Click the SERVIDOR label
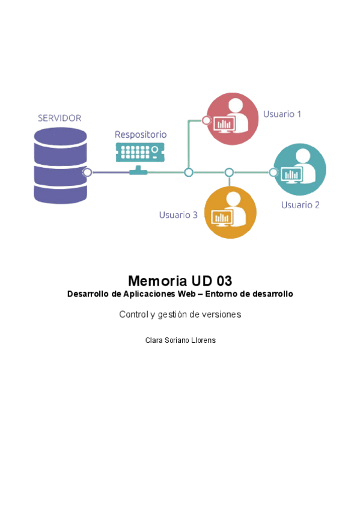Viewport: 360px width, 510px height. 59,118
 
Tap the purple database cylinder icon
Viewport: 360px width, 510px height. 61,165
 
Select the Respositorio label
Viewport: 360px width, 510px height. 141,135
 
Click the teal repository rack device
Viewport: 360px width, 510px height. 140,152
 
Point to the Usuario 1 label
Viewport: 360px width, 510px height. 282,114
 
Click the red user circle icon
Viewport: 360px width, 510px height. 233,118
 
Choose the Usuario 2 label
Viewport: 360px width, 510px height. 301,205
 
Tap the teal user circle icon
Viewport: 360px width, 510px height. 300,170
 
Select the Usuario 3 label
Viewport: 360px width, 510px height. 178,215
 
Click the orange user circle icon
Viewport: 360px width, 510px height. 230,212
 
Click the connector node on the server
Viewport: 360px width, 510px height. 87,173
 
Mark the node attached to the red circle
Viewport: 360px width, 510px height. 206,120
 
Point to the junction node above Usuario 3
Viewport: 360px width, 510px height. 229,173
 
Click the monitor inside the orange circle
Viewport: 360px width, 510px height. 222,218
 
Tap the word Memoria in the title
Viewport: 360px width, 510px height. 157,281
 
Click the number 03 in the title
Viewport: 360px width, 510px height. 224,281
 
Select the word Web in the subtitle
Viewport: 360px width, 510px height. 187,294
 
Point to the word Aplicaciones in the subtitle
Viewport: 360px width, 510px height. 150,294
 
